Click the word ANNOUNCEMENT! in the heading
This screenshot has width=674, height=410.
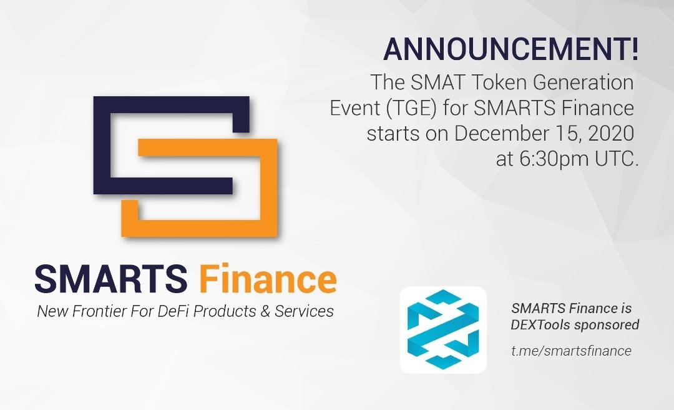510,49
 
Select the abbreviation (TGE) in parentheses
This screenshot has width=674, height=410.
411,108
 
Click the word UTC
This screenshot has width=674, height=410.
615,159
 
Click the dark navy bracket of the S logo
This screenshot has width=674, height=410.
102,145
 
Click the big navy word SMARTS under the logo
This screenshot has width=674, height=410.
111,279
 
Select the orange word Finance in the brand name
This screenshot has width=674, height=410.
267,279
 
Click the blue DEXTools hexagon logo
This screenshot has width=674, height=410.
443,329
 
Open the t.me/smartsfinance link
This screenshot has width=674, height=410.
571,351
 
